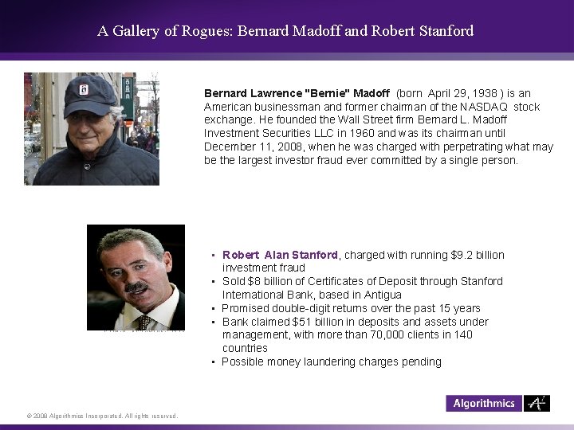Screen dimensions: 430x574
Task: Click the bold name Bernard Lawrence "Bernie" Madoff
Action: [297, 93]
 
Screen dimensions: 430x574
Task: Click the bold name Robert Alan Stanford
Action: [280, 255]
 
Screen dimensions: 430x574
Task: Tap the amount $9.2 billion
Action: [478, 255]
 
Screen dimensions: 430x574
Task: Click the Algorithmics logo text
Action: [484, 403]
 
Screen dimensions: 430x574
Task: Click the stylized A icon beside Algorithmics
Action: [537, 403]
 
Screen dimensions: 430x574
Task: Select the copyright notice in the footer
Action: [101, 416]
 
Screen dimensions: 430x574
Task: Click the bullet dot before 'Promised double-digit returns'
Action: [214, 309]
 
